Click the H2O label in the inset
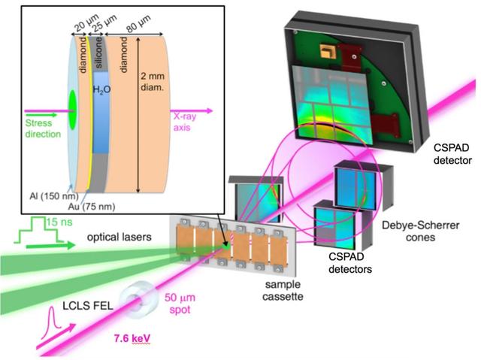click(x=101, y=89)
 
